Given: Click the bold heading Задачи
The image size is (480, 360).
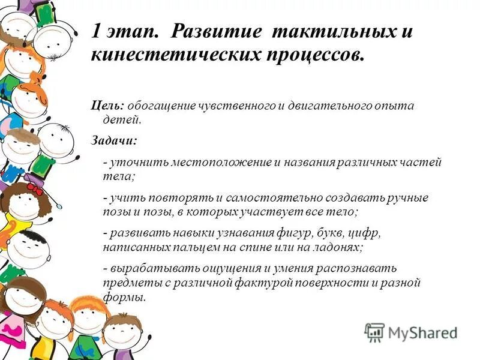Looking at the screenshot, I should click(113, 141).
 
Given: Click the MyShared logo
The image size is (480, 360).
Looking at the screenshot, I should click(411, 332).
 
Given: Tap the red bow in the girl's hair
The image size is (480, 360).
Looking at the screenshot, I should click(34, 188).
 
